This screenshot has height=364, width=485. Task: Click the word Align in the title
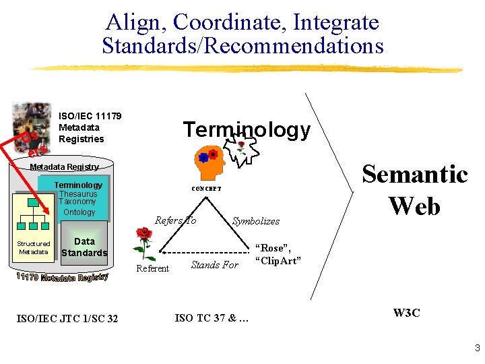[135, 22]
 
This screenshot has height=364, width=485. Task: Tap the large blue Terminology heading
[247, 129]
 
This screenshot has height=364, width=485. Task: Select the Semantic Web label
[414, 189]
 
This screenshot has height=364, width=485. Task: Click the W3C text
[407, 313]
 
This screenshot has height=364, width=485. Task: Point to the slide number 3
[476, 348]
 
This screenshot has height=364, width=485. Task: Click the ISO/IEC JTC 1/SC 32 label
[67, 318]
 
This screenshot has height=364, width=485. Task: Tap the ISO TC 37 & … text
[212, 318]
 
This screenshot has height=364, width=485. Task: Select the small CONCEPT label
[207, 189]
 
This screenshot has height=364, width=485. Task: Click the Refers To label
[175, 220]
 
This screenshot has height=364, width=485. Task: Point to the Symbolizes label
[255, 221]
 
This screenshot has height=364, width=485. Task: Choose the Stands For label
[214, 265]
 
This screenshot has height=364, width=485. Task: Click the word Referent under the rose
[153, 269]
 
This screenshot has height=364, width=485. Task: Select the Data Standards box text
[84, 247]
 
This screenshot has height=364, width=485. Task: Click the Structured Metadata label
[33, 247]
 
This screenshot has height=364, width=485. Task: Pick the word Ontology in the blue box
[79, 212]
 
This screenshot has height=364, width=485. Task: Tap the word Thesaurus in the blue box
[78, 193]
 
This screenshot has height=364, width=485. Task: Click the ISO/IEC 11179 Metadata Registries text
[90, 127]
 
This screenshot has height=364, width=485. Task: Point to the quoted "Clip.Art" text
[278, 261]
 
